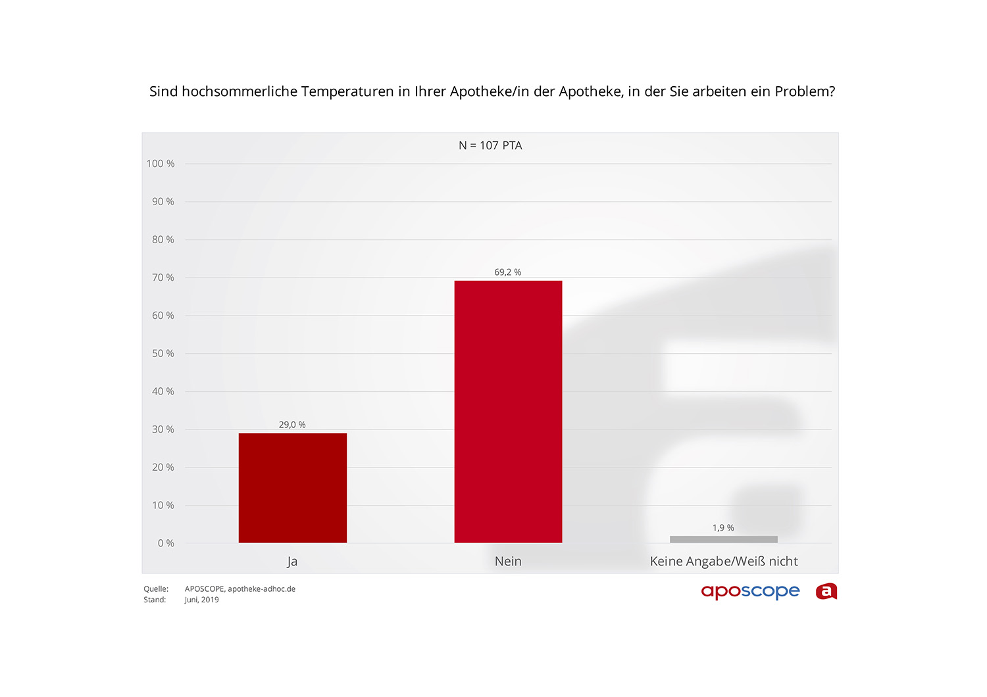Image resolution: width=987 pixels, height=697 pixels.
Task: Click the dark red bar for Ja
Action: [292, 488]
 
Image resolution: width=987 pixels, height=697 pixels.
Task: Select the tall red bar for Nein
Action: [508, 412]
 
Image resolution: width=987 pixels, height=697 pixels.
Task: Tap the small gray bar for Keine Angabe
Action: [723, 539]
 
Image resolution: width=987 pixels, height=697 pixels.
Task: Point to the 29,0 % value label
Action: [292, 425]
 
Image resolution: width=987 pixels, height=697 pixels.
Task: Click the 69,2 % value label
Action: [508, 272]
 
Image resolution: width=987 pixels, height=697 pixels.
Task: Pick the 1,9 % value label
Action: [723, 528]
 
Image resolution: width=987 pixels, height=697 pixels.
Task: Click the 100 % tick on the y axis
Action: [161, 164]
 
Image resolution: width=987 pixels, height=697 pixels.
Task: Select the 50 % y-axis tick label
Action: [163, 354]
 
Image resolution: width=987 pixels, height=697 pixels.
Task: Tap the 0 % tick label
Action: [166, 543]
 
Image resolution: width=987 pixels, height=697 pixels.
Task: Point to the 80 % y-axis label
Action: [163, 240]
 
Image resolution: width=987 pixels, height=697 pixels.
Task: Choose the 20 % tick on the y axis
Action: [163, 468]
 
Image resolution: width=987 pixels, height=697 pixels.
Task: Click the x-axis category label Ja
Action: [292, 562]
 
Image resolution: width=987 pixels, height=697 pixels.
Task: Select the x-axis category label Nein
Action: [508, 562]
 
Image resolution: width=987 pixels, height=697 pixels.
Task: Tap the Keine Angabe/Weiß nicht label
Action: [724, 562]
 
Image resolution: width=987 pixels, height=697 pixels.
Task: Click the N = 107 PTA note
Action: [490, 145]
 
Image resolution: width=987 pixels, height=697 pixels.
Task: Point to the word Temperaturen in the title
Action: [347, 91]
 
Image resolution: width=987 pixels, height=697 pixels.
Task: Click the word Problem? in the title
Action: [805, 91]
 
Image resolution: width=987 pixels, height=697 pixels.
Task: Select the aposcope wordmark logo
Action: [750, 592]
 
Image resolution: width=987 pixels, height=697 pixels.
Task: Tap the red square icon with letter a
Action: [826, 592]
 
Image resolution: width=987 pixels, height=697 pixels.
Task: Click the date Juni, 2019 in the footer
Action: [201, 600]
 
